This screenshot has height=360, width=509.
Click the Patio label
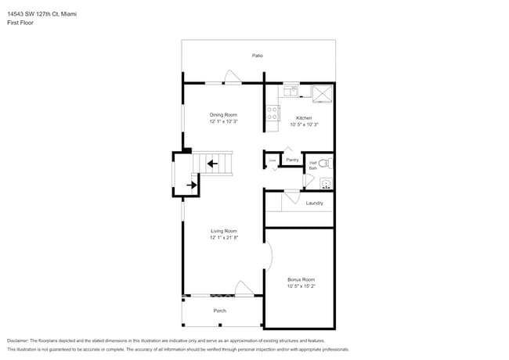click(x=257, y=56)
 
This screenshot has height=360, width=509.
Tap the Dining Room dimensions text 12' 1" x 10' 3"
click(x=223, y=121)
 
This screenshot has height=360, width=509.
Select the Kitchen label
click(x=304, y=117)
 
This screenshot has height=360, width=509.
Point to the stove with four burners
click(x=273, y=114)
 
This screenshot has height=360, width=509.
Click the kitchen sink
click(x=291, y=90)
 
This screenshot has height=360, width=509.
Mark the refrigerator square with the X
click(x=322, y=94)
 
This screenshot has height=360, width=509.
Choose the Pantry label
click(x=292, y=160)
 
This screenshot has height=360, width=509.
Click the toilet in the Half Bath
click(x=328, y=164)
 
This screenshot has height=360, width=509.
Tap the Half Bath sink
click(x=327, y=185)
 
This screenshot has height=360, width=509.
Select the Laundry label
click(x=314, y=203)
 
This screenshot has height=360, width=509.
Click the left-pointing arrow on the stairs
click(x=213, y=164)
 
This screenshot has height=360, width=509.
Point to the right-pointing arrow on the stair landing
click(x=191, y=185)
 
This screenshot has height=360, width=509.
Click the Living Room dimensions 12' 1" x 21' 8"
click(x=223, y=237)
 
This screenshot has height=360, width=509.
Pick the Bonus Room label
click(x=301, y=279)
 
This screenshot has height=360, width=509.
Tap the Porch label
click(x=220, y=311)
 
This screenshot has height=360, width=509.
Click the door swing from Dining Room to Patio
click(x=233, y=77)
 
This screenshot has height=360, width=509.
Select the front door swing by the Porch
click(x=242, y=288)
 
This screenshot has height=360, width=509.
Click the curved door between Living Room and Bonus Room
click(x=269, y=254)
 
